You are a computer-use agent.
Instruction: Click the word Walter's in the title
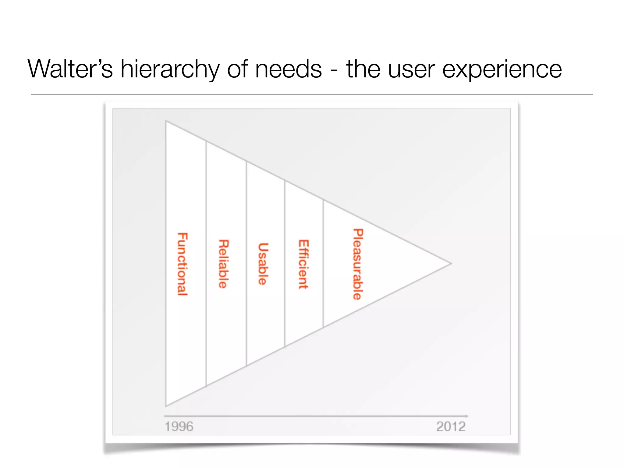70,69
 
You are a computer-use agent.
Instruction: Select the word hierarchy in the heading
169,69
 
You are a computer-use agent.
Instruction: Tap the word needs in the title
288,69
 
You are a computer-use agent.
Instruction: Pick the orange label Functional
183,264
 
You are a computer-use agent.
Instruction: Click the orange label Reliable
223,264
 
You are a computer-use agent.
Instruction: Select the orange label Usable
263,264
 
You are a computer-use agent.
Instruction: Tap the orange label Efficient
303,264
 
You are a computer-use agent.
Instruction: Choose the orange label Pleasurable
358,264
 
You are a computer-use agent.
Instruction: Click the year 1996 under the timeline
179,427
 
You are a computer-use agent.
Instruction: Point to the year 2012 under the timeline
451,427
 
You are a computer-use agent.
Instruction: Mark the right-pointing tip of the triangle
450,264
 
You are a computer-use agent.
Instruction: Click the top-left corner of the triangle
166,121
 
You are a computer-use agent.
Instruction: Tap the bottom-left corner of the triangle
166,406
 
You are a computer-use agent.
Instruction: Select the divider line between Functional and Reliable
206,264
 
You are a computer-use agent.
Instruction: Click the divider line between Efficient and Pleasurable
323,264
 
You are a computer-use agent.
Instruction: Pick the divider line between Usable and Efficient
285,264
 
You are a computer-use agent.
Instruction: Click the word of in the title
239,69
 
